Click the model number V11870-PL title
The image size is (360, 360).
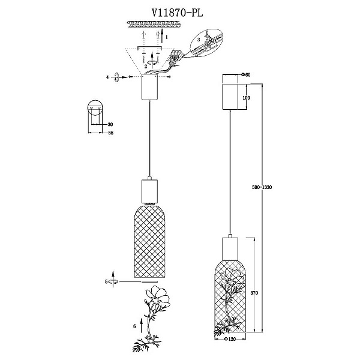178,13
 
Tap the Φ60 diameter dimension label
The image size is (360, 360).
245,74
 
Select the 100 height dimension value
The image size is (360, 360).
246,98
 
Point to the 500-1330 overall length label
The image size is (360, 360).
262,187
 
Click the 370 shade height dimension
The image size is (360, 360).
254,293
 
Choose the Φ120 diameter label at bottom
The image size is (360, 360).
230,338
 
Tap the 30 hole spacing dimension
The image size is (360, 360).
110,124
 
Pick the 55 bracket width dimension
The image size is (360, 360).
110,133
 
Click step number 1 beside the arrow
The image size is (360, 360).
167,37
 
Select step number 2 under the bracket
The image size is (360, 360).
146,67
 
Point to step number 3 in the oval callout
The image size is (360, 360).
199,40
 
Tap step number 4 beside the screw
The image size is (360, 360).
107,77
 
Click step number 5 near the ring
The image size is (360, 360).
106,281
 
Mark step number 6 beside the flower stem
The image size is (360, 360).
134,326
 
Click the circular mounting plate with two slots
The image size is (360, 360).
95,107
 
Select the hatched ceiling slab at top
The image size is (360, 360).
154,24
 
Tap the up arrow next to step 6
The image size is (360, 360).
142,325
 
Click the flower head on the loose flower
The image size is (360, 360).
158,297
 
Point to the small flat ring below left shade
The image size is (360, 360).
149,281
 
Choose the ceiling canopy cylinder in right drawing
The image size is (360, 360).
230,97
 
